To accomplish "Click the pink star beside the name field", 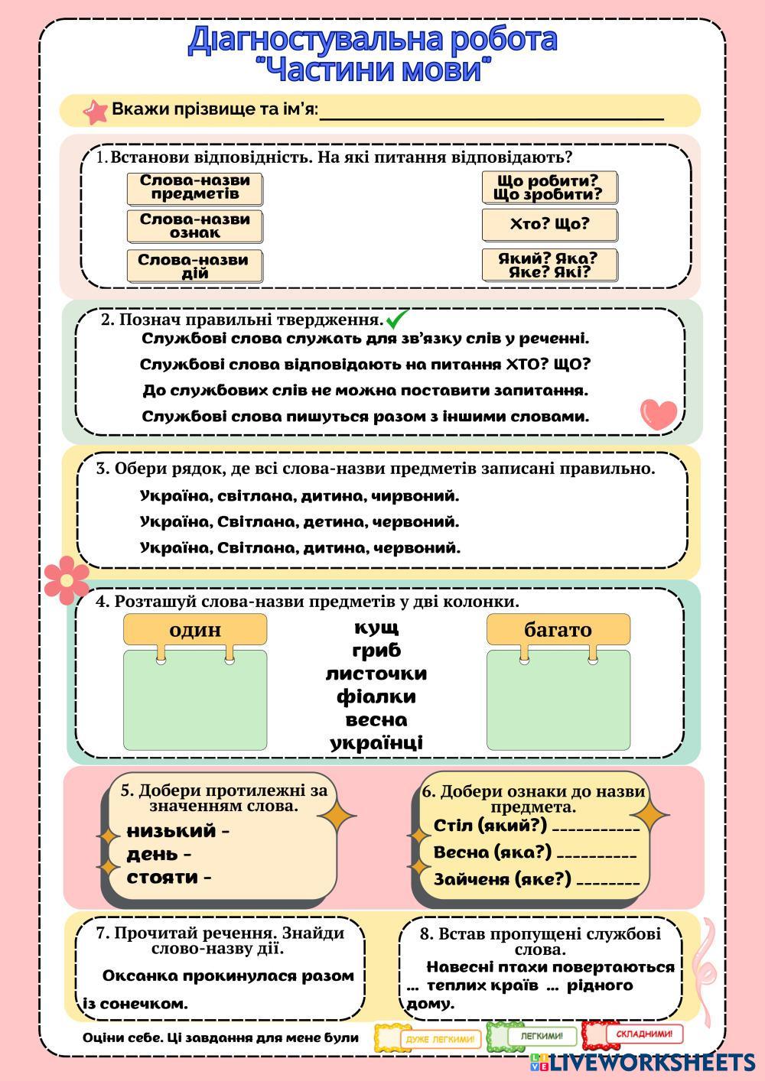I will point(96,111).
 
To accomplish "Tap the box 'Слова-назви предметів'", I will point(194,188).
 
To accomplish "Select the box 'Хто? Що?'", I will point(549,225).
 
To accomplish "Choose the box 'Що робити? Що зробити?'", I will point(549,188).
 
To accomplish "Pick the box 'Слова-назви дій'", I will point(194,266).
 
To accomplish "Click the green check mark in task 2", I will point(398,318).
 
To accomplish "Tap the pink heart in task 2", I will point(659,414).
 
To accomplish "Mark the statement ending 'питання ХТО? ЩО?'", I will point(366,364).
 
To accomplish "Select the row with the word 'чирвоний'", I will point(299,495).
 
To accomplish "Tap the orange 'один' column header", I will point(195,629).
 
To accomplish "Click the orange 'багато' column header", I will point(558,629).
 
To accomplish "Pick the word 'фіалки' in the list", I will point(376,696).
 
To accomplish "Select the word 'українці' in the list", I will point(376,742).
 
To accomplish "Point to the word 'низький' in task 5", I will point(171,831).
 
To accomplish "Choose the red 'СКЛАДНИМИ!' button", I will point(633,1035).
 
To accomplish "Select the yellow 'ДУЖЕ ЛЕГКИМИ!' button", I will point(430,1039).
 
